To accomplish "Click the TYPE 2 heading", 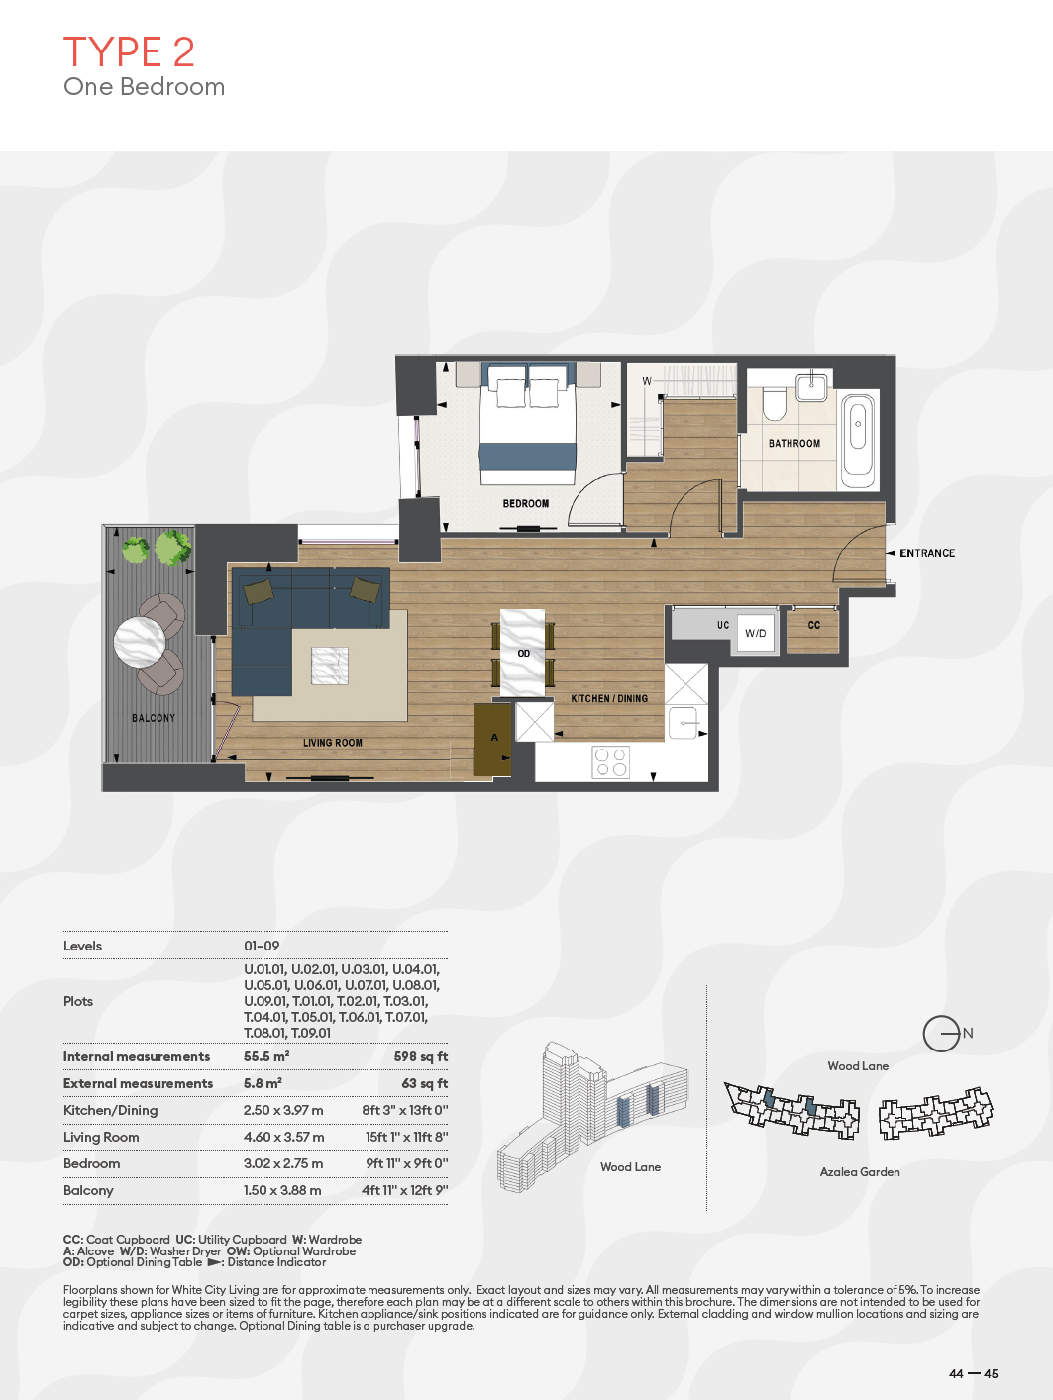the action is (x=128, y=51).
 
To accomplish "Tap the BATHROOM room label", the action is (x=793, y=443).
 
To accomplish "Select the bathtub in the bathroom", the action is (x=858, y=441).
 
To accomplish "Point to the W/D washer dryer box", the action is (x=756, y=633).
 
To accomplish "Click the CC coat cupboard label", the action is (x=813, y=625).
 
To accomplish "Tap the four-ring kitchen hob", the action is (x=611, y=762).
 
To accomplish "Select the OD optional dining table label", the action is (x=524, y=653).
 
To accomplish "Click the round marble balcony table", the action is (x=140, y=642).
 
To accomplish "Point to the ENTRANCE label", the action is (x=927, y=553).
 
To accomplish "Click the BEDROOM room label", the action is (x=526, y=503).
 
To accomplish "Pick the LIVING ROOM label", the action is (x=333, y=743).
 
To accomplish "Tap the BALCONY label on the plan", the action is (x=154, y=718).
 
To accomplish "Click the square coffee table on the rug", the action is (x=330, y=666).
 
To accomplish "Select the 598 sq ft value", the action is (x=421, y=1056).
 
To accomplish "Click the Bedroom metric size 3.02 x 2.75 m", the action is (x=282, y=1163).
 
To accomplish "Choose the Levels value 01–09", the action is (x=262, y=946).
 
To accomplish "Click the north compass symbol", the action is (x=942, y=1034).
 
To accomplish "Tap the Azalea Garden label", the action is (x=860, y=1171).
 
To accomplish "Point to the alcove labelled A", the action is (x=492, y=740).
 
